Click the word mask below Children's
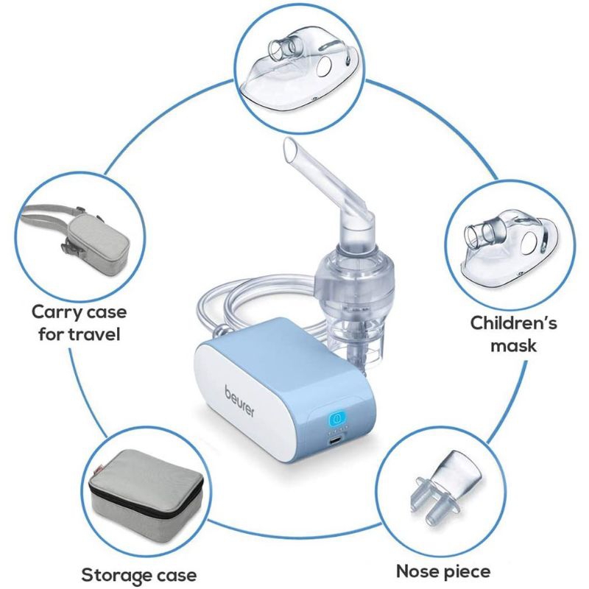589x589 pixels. [514, 345]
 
